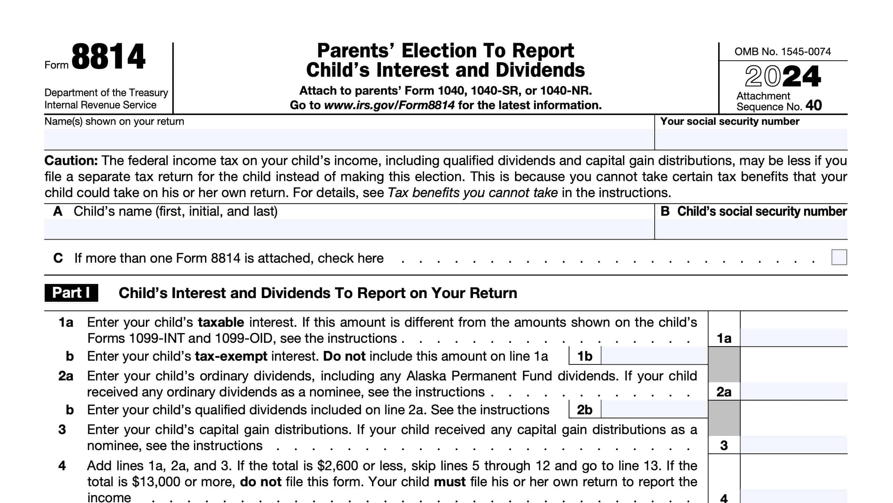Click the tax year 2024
(782, 76)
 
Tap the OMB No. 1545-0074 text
(782, 51)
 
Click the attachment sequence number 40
(813, 105)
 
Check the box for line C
(839, 257)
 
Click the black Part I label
(71, 293)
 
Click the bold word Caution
(71, 161)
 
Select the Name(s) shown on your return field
(349, 139)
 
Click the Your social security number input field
(750, 139)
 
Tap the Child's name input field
(349, 229)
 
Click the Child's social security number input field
(750, 229)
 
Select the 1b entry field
(654, 356)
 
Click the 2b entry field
(654, 409)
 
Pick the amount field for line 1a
(793, 338)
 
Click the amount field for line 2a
(793, 391)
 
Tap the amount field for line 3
(793, 445)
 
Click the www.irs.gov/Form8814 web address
(389, 105)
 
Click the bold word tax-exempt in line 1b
(231, 356)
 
